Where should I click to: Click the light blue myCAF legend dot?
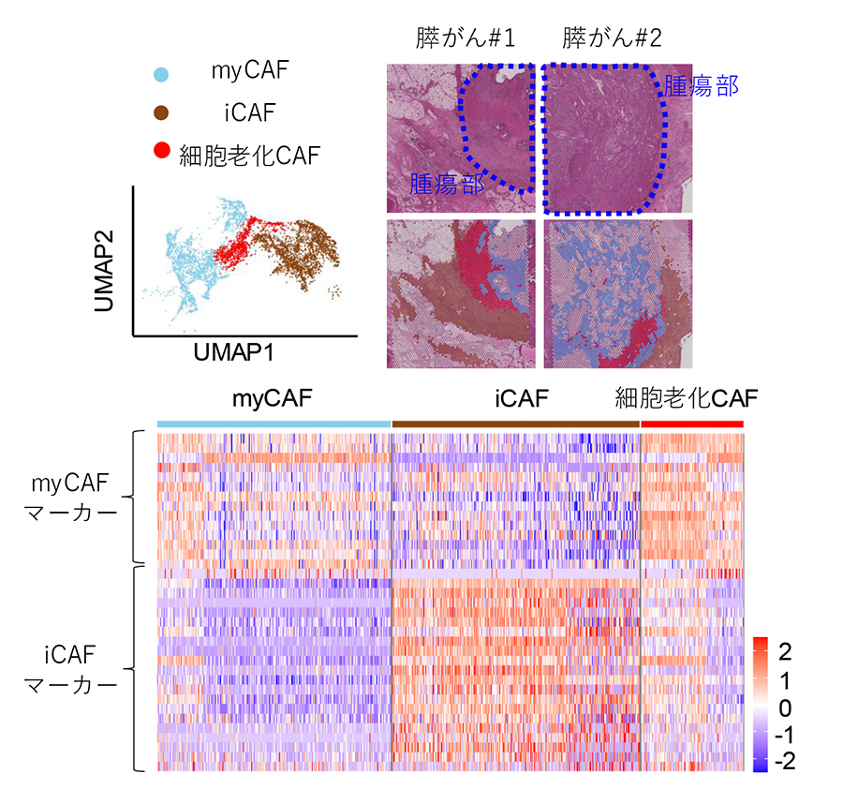(x=161, y=74)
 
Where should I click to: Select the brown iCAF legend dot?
(x=161, y=113)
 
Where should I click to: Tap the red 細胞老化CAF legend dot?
(x=162, y=151)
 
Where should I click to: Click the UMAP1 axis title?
(x=233, y=352)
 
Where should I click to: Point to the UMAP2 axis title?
(x=104, y=271)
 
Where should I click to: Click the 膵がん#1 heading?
(x=465, y=38)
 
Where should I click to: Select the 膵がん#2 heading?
(x=612, y=38)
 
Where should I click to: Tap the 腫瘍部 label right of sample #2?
(x=702, y=85)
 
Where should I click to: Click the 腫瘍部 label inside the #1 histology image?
(x=447, y=184)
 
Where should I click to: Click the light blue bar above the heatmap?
(x=274, y=424)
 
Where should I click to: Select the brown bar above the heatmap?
(x=516, y=424)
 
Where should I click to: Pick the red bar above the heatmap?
(x=692, y=424)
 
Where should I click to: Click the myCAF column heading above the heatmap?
(x=272, y=399)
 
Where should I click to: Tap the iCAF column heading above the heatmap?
(x=522, y=399)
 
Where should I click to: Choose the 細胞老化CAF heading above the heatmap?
(x=687, y=398)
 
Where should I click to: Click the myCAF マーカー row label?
(x=70, y=498)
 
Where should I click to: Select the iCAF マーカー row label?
(x=70, y=670)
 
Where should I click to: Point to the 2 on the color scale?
(x=786, y=652)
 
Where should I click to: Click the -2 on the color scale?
(x=786, y=761)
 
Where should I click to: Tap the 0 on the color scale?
(x=786, y=708)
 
